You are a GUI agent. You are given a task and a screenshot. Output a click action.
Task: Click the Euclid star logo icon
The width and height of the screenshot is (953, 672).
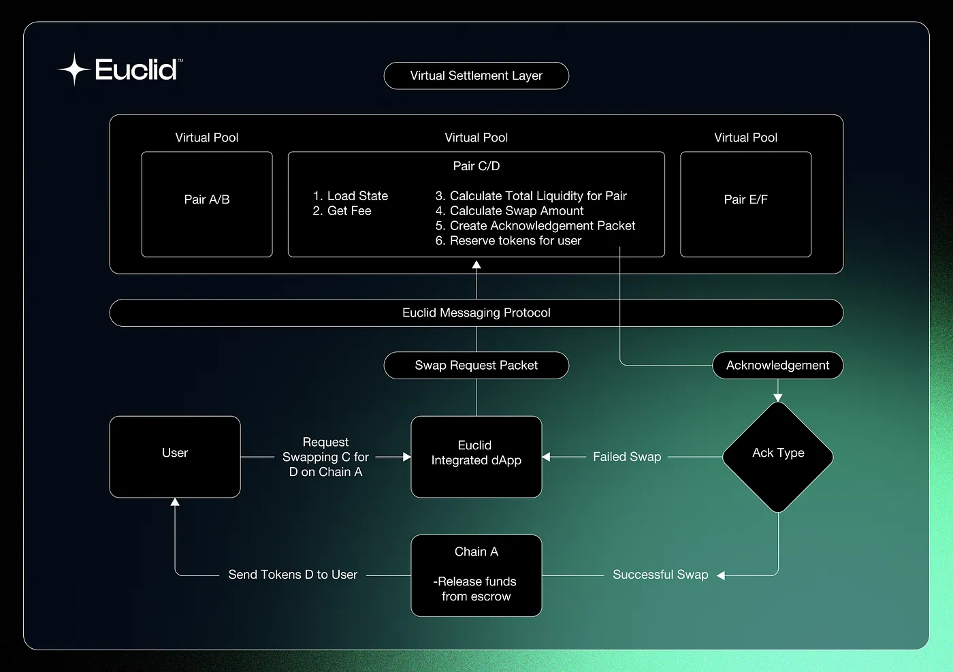click(x=74, y=69)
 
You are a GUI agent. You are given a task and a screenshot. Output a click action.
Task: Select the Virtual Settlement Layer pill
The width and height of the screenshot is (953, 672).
click(x=476, y=76)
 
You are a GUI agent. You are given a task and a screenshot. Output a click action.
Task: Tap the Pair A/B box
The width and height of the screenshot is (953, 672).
click(x=207, y=204)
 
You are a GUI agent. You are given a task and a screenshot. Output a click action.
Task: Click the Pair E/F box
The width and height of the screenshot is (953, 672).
click(x=745, y=204)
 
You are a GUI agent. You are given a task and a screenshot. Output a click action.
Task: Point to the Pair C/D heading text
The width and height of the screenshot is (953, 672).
click(x=476, y=166)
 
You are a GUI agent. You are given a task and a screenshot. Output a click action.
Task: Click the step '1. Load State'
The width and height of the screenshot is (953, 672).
click(x=350, y=196)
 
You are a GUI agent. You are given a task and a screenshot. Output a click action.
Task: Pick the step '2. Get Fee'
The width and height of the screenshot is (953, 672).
click(x=342, y=211)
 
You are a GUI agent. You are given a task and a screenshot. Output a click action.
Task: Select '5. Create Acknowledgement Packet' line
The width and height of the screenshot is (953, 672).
click(x=535, y=226)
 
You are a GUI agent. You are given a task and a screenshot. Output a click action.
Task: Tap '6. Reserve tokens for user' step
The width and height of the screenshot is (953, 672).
click(x=508, y=241)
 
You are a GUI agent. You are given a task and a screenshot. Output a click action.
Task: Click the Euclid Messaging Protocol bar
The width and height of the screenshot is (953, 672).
click(x=476, y=313)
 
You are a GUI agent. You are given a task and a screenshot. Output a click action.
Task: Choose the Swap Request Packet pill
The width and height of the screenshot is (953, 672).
click(x=476, y=366)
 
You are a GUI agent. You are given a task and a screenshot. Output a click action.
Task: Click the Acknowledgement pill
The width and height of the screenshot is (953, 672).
click(x=777, y=366)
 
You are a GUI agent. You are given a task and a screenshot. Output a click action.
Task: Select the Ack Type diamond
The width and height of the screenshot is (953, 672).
click(x=778, y=456)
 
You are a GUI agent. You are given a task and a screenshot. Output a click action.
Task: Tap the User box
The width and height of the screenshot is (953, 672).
click(x=175, y=456)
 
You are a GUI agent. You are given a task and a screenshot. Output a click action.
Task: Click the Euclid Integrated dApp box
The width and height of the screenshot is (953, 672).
click(x=476, y=456)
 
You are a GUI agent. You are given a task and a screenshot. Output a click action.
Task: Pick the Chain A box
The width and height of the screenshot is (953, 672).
click(x=476, y=575)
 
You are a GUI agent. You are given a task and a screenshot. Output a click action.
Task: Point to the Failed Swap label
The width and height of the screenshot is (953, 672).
click(x=627, y=457)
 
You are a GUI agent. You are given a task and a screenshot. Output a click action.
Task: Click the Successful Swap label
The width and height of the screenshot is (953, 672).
click(x=660, y=575)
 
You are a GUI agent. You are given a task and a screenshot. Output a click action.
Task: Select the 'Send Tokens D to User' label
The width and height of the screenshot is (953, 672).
click(x=293, y=575)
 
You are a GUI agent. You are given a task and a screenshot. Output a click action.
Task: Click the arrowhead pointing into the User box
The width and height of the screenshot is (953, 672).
click(x=175, y=502)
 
